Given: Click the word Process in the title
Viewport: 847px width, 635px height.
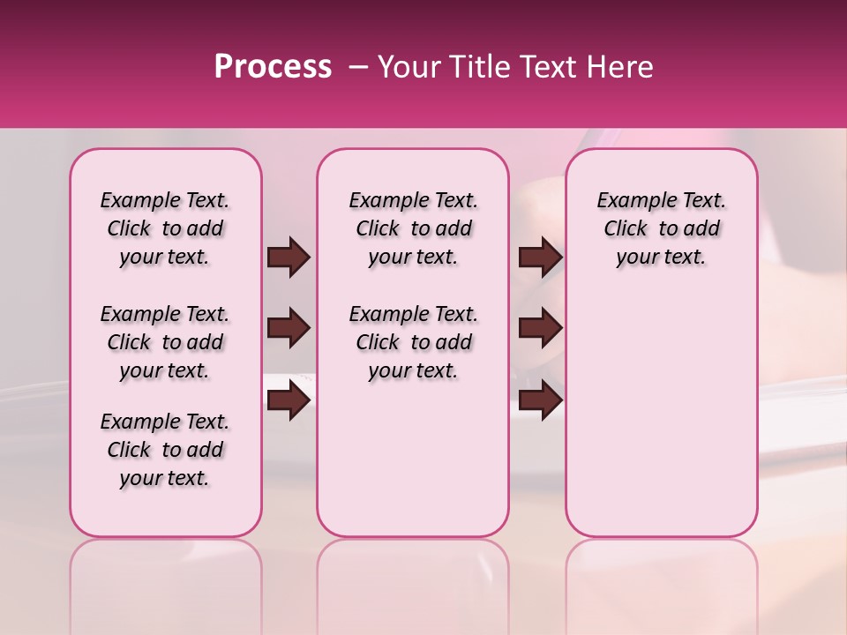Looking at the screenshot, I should point(273,67).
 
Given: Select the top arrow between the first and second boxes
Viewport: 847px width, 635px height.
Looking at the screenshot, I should point(289,258).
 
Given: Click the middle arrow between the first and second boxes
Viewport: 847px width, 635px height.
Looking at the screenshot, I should point(289,329).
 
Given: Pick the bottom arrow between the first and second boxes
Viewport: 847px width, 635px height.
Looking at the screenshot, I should point(289,401).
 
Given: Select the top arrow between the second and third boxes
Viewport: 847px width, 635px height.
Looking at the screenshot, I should point(540,258).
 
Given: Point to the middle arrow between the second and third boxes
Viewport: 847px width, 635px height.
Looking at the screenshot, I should point(540,329).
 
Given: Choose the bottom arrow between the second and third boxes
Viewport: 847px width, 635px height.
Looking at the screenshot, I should point(540,401).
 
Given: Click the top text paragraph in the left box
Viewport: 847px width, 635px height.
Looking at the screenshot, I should point(165,229).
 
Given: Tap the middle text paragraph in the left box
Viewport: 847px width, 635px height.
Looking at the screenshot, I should point(165,342).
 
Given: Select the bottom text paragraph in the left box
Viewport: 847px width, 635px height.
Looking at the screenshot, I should point(165,450).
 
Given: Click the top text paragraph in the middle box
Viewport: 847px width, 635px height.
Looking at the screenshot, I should point(414,229).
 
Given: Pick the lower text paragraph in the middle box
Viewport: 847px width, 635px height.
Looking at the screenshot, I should point(414,342).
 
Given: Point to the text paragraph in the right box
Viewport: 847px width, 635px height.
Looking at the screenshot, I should point(662,229).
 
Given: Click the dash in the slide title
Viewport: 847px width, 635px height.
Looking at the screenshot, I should point(357,67).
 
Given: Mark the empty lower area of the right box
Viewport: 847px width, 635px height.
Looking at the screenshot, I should point(662,415).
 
